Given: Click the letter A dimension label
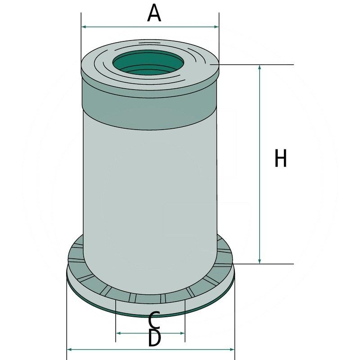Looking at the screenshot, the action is click(x=154, y=13).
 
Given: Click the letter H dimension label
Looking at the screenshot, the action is click(x=280, y=158).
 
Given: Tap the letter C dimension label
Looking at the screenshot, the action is click(x=154, y=320).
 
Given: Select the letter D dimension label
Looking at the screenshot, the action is click(x=154, y=338).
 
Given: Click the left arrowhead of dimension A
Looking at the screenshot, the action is click(x=84, y=27).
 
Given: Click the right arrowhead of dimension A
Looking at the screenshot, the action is click(x=216, y=27).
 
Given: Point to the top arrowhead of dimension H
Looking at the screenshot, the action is click(x=260, y=67).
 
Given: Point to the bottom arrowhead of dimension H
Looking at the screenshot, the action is click(x=260, y=261).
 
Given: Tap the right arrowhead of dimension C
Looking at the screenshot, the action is click(x=182, y=333).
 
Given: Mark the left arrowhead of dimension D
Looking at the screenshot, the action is click(x=69, y=350).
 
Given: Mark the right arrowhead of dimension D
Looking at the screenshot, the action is click(x=232, y=350).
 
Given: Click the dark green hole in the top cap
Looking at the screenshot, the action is click(x=148, y=63).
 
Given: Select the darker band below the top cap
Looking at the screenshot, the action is click(x=149, y=106).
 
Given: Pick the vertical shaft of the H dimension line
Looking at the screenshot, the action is click(x=260, y=164).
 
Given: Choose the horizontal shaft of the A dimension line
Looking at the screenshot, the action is click(x=150, y=27).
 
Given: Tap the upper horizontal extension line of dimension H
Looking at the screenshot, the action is click(x=252, y=65).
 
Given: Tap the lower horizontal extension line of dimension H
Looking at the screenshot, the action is click(x=263, y=264).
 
